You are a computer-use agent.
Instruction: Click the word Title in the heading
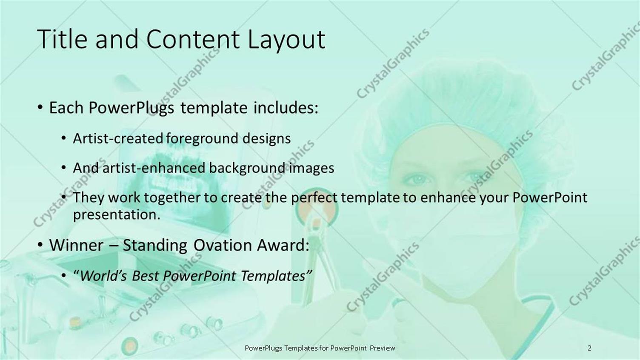pos(62,39)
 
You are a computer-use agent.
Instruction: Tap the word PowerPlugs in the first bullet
pos(131,108)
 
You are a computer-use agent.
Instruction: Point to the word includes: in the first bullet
pos(286,108)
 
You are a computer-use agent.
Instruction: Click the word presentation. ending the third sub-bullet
pos(117,214)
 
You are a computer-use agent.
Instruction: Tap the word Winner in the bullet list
pos(76,245)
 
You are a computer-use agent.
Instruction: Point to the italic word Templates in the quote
pos(273,276)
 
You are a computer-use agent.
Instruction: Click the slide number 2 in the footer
pos(589,348)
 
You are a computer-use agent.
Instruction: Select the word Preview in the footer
pos(382,348)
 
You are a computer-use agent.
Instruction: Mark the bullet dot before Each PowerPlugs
pos(40,108)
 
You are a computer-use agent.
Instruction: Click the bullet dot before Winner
pos(40,245)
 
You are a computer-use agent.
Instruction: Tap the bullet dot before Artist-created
pos(63,138)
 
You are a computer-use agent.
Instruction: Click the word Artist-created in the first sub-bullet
pos(118,138)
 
